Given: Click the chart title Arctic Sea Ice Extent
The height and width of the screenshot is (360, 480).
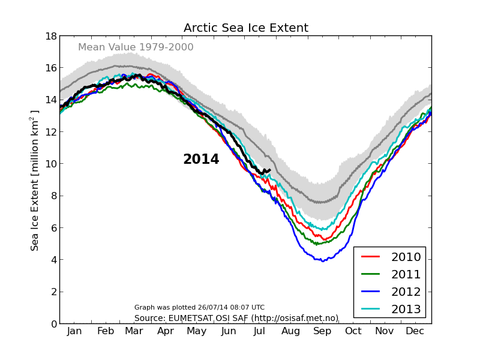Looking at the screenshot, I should click(x=246, y=28).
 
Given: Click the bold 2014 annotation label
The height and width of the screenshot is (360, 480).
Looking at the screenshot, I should click(x=201, y=160).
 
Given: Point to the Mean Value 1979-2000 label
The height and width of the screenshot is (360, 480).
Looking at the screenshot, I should click(x=136, y=47).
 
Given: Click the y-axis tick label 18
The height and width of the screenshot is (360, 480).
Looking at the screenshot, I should click(x=50, y=36).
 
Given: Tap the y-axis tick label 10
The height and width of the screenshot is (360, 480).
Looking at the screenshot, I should click(x=50, y=164).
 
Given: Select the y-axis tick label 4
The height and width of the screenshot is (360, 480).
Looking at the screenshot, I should click(x=53, y=260).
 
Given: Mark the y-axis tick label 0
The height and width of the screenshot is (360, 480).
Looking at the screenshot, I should click(x=53, y=324).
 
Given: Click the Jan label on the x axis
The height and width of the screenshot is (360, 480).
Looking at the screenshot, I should click(x=74, y=331).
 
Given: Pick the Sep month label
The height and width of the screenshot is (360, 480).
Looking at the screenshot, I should click(x=322, y=331).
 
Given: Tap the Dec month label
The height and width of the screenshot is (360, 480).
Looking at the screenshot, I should click(x=415, y=331).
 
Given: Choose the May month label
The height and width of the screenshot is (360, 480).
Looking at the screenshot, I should click(x=197, y=331).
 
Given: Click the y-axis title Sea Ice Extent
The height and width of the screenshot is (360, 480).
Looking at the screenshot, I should click(x=35, y=180).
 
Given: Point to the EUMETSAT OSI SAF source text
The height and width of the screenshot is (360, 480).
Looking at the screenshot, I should click(x=236, y=318).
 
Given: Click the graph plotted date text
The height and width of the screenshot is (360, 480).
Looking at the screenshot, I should click(x=199, y=307).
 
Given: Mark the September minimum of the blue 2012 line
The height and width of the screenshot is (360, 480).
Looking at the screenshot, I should click(x=323, y=261).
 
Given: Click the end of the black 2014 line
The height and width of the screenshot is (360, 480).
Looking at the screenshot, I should click(x=269, y=170).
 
